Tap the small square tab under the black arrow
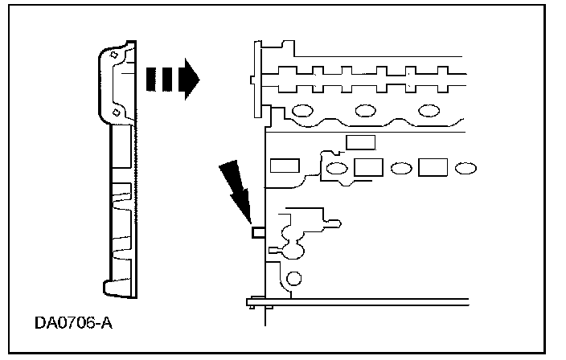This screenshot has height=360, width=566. pyautogui.click(x=258, y=232)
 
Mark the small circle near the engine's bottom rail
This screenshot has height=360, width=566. pyautogui.click(x=294, y=280)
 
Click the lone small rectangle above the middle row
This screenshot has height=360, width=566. pyautogui.click(x=359, y=142)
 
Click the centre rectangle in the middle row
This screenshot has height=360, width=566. pyautogui.click(x=367, y=167)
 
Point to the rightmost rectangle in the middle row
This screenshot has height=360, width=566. pyautogui.click(x=433, y=167)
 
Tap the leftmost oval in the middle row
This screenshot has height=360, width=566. pyautogui.click(x=338, y=169)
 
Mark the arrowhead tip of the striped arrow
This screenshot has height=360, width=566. pyautogui.click(x=197, y=78)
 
